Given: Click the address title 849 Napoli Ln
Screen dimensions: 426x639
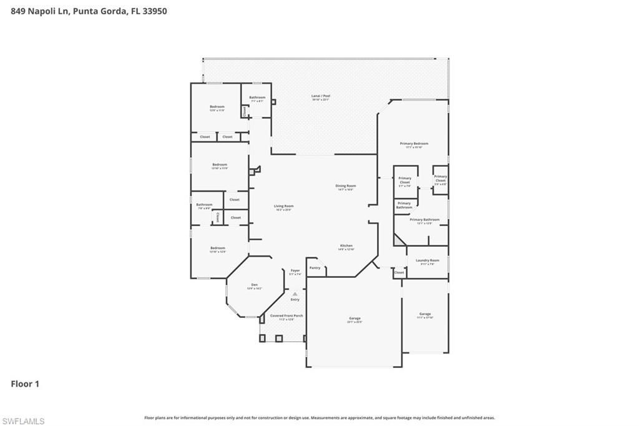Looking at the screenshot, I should [89, 11].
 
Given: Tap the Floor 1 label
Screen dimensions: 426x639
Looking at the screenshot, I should [25, 384].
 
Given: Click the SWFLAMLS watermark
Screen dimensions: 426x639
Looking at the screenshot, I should [23, 421].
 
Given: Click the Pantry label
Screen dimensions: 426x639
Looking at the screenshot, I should [315, 268].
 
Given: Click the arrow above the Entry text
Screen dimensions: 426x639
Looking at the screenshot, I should [295, 294].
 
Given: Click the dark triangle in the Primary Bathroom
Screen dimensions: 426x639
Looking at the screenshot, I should [398, 240].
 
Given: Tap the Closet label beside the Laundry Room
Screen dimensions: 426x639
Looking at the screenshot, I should [399, 272].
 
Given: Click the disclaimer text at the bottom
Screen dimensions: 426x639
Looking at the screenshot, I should [319, 418].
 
